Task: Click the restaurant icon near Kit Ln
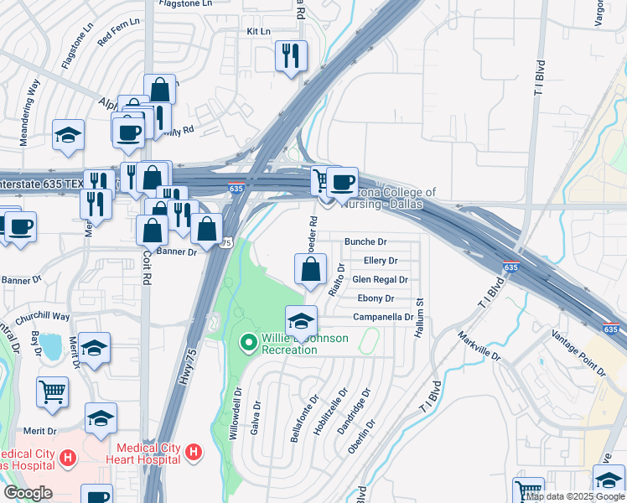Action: coord(291,56)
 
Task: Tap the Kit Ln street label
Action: coord(258,31)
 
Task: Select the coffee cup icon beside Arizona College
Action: coord(342,182)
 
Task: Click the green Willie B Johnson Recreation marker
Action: coord(248,342)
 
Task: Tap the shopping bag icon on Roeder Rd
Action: coord(310,269)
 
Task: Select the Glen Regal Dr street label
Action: coord(379,280)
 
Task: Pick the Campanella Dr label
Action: coord(383,318)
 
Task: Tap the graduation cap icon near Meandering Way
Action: coord(68,135)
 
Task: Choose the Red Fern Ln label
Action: coord(117,34)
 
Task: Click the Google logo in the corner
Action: coord(28,492)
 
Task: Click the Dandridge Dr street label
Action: coord(359,408)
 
